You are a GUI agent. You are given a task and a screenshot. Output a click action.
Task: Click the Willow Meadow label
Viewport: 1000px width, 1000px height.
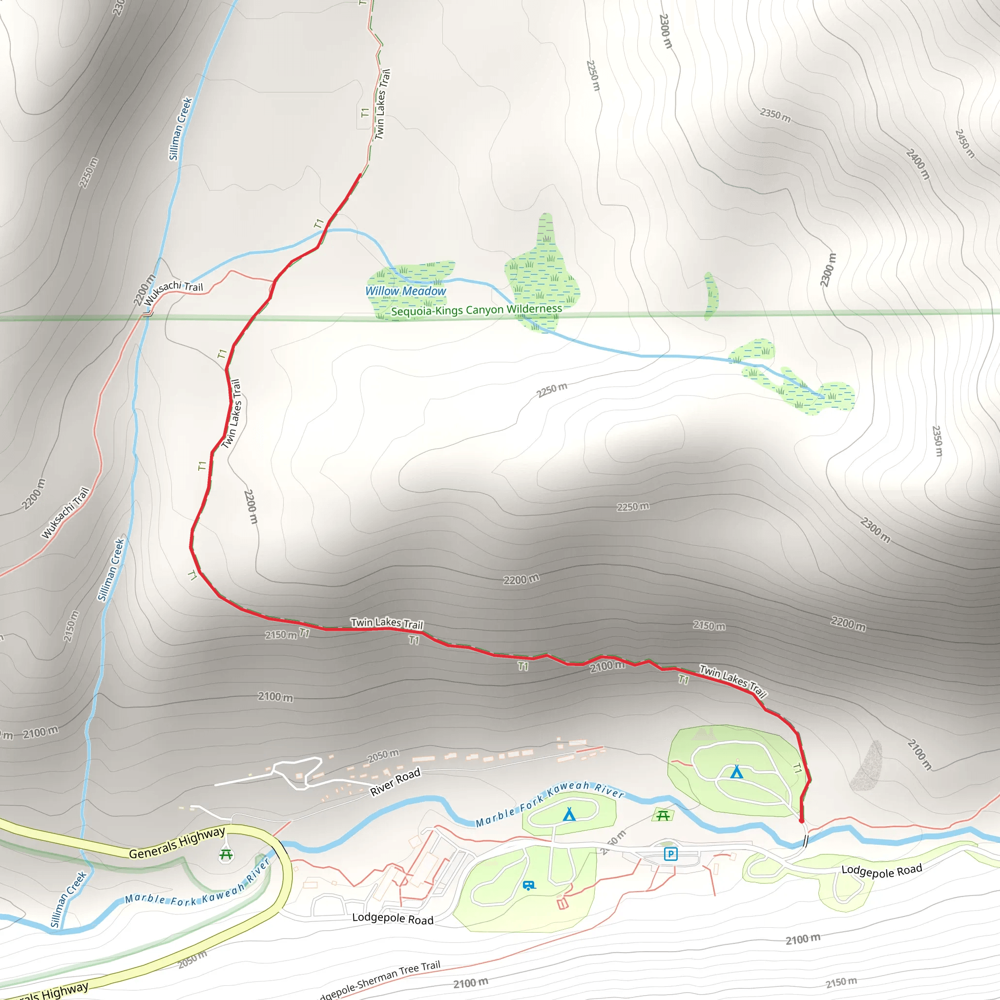point(405,291)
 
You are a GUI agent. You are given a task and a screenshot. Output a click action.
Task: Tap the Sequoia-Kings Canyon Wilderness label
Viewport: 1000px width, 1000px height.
point(476,310)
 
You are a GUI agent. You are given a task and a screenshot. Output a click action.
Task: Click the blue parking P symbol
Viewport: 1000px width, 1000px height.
point(670,854)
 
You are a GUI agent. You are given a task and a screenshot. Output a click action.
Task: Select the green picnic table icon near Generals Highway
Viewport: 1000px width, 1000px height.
point(226,854)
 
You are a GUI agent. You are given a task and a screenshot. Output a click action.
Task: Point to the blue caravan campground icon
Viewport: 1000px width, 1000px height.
point(528,886)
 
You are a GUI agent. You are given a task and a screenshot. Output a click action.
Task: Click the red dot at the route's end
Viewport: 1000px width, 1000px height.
point(801,821)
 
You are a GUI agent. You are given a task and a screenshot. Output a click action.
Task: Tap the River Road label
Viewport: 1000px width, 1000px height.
point(395,782)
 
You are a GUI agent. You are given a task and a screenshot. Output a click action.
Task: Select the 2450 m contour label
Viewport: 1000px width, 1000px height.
point(964,144)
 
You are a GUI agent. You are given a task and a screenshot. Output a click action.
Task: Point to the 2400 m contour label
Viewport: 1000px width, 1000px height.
point(917,164)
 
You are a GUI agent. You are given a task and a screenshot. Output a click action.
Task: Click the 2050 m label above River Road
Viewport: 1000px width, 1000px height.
point(383,756)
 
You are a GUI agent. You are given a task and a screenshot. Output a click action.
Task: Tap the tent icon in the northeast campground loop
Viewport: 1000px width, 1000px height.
point(736,772)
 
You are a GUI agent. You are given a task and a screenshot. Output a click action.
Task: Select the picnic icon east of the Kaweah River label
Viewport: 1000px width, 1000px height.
point(663,816)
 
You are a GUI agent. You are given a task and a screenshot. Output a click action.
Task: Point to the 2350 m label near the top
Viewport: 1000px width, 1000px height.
point(775,115)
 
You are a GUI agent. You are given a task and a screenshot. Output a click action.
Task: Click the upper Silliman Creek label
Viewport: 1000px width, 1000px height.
point(180,129)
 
